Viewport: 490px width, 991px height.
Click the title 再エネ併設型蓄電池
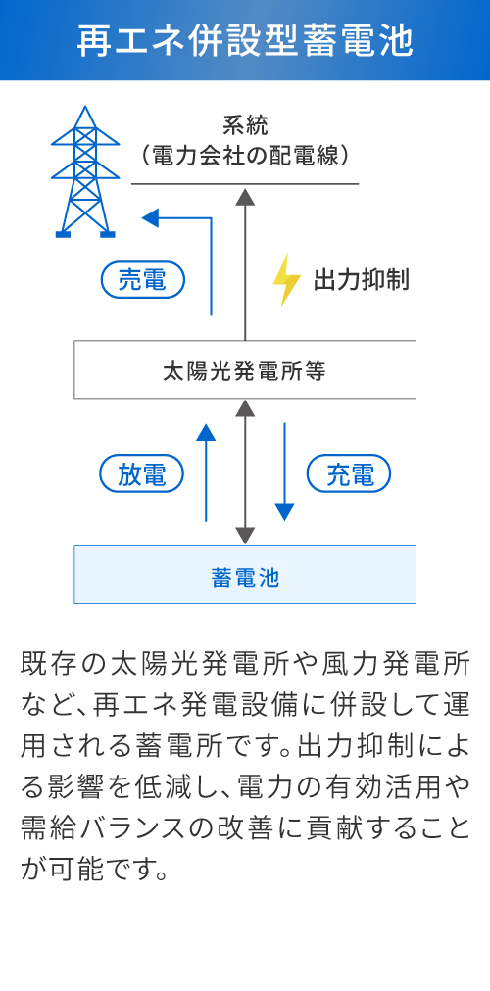point(245,41)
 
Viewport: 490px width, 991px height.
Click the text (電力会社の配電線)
point(245,155)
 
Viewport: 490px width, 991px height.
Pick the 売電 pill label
point(143,281)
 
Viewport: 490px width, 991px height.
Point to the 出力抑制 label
point(361,280)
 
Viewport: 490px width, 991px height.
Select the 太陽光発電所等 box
point(245,370)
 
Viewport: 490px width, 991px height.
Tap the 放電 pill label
point(143,475)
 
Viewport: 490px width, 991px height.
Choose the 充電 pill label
point(349,475)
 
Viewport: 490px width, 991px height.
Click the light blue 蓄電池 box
point(245,575)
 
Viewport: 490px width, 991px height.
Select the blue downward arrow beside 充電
point(284,470)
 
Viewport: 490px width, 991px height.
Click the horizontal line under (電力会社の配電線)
point(245,183)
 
